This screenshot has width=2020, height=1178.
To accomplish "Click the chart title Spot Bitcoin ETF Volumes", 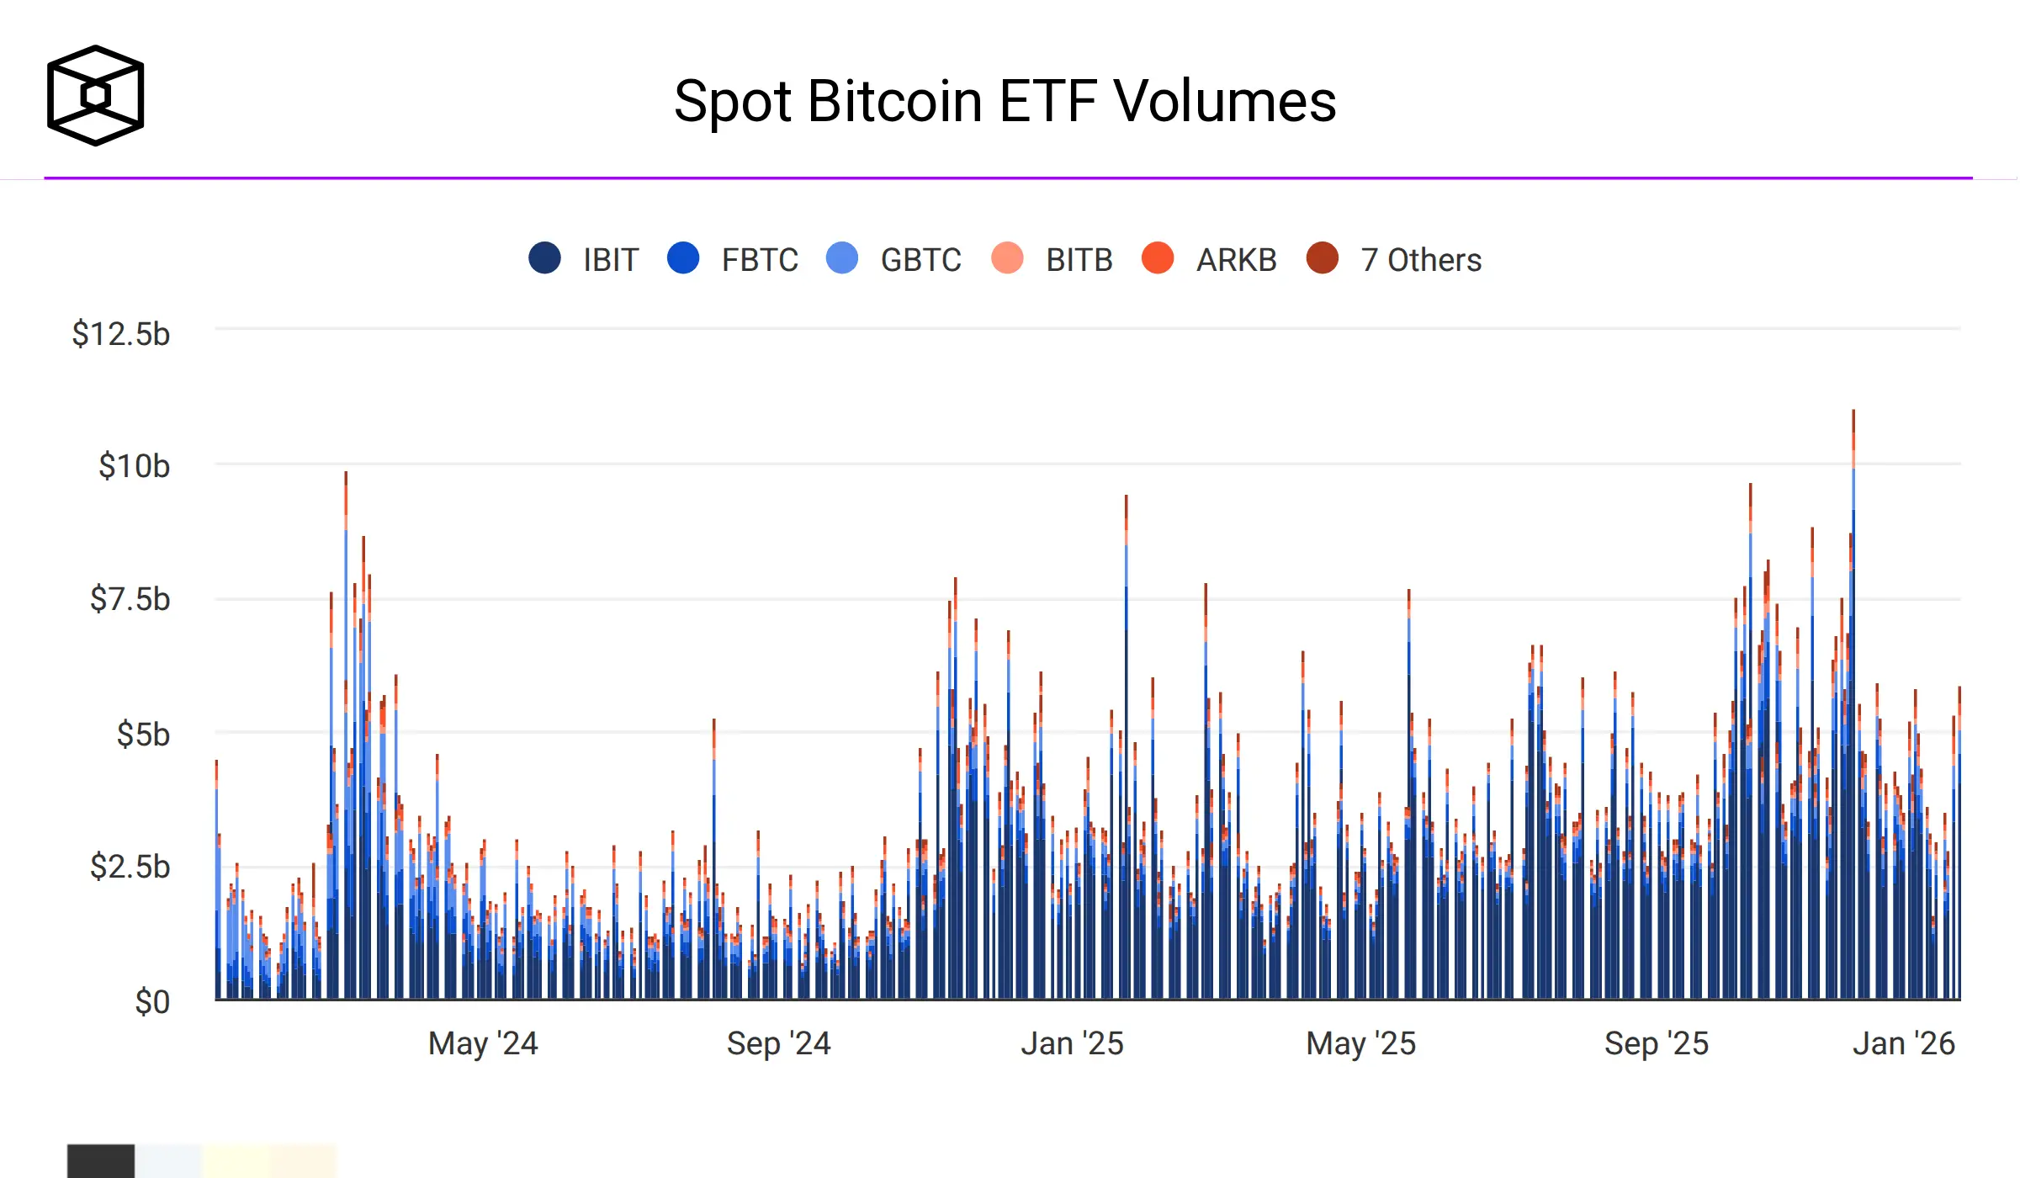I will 1005,101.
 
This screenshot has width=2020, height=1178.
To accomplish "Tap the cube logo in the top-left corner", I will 95,95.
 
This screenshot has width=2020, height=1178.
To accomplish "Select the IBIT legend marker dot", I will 544,258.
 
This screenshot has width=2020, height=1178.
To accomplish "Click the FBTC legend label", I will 760,260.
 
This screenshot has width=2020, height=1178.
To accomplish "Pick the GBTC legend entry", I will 920,260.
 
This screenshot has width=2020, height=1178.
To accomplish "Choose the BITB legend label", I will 1079,260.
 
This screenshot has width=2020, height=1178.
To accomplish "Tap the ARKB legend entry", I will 1236,260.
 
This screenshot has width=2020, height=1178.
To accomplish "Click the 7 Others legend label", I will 1421,260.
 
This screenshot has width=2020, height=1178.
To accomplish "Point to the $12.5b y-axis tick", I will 121,334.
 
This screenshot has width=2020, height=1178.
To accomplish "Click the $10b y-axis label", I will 134,466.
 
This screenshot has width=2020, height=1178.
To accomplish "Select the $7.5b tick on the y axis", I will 130,599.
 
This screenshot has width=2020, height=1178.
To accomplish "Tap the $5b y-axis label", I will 143,735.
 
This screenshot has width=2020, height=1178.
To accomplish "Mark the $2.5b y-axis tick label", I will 130,867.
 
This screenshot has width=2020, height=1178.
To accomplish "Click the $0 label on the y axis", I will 152,1002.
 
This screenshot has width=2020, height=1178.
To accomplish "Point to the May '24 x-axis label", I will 483,1043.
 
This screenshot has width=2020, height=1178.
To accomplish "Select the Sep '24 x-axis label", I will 778,1043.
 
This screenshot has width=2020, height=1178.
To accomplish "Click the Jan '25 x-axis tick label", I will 1072,1043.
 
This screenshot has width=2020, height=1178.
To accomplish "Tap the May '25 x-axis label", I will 1360,1043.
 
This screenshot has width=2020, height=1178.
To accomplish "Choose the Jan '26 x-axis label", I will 1903,1043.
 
